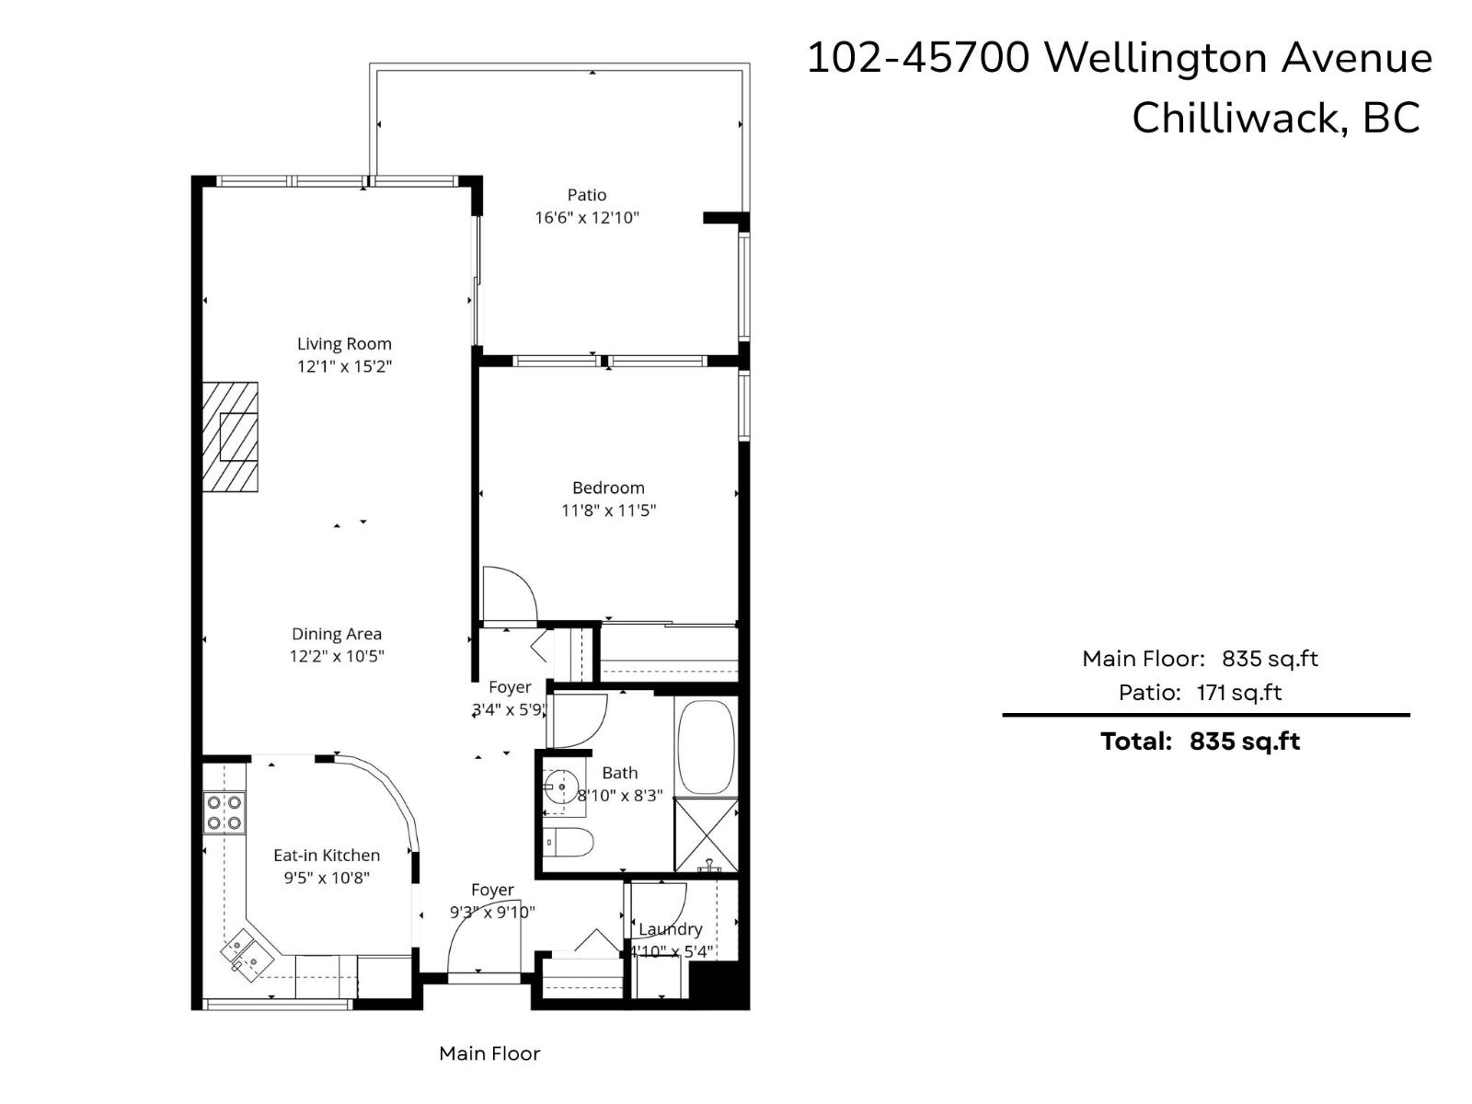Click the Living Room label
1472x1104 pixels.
point(344,343)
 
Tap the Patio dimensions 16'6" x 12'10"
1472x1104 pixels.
point(587,218)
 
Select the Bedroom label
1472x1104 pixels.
point(608,488)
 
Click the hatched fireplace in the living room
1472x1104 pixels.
point(231,437)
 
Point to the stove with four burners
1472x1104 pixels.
point(224,812)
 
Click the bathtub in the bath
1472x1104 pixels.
point(707,747)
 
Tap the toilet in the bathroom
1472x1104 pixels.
point(570,841)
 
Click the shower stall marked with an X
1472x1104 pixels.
point(706,834)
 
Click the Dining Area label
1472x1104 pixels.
point(337,634)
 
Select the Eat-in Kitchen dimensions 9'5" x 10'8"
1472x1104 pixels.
point(327,878)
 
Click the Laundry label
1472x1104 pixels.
point(671,929)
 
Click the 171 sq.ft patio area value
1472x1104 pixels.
point(1238,693)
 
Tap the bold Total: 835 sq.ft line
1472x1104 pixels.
point(1200,742)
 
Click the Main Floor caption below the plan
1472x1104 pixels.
point(489,1053)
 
